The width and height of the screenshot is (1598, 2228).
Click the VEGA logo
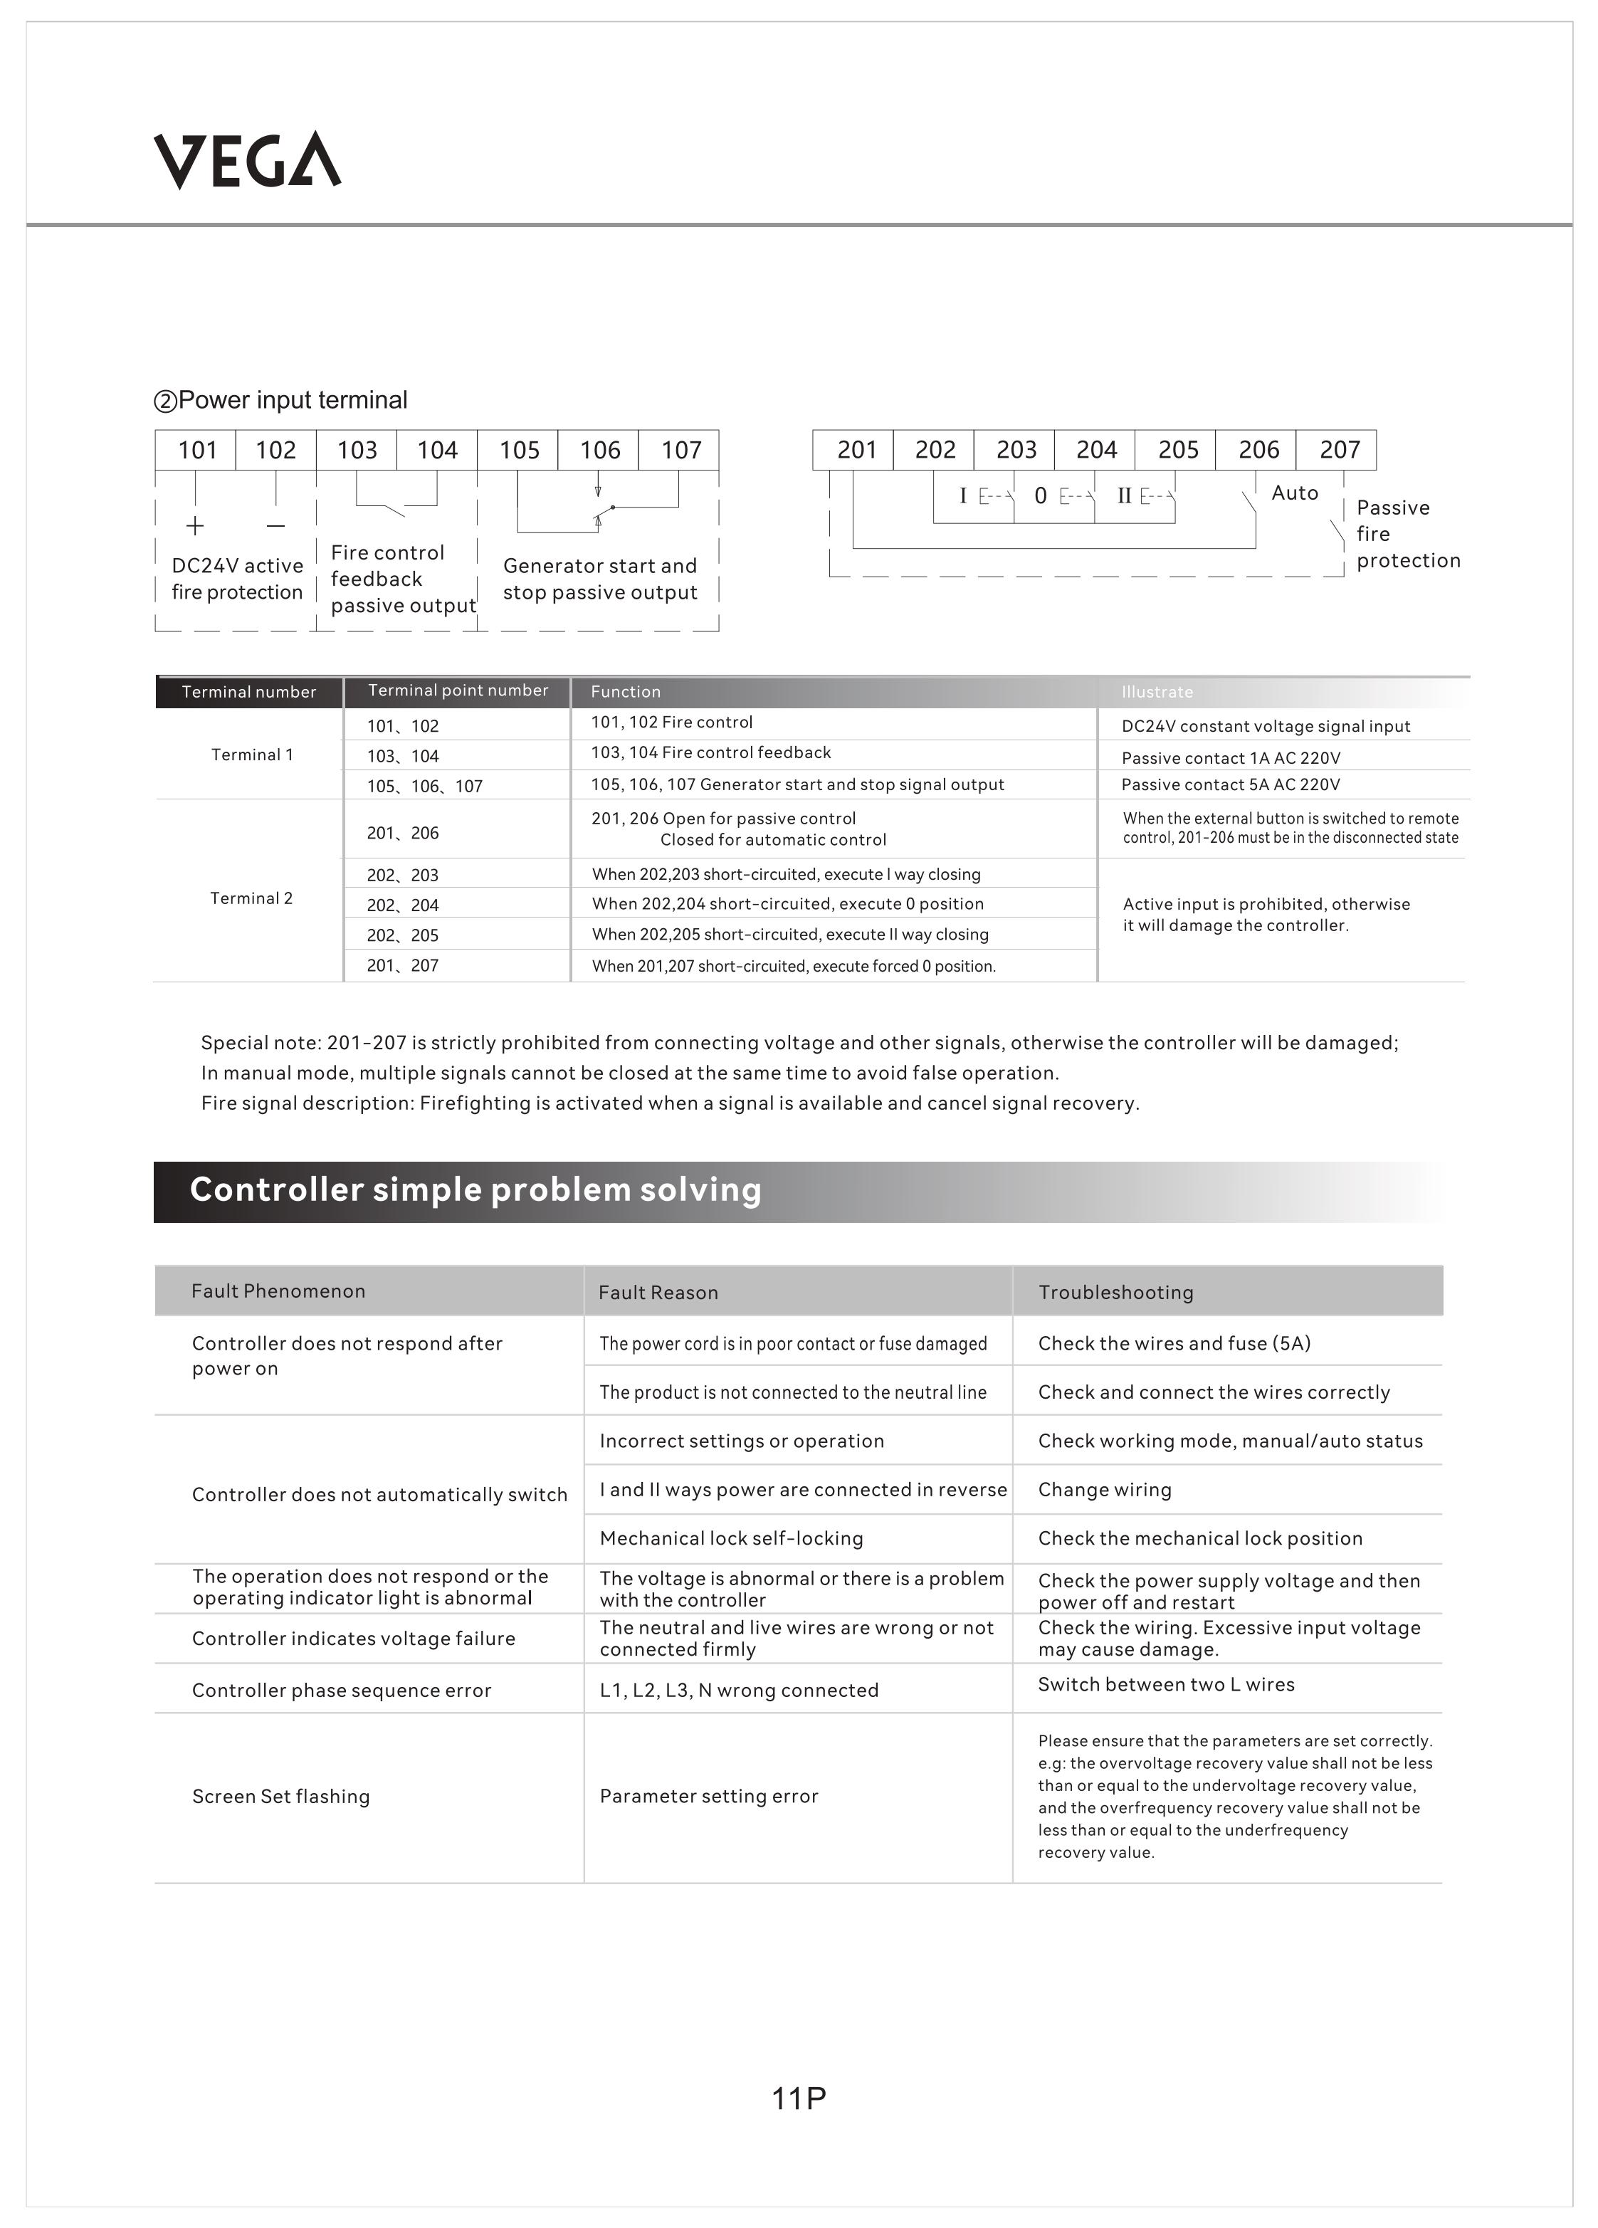click(248, 160)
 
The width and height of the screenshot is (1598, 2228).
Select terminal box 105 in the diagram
click(519, 450)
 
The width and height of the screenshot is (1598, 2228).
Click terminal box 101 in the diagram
click(196, 450)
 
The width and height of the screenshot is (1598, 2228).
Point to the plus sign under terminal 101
click(196, 525)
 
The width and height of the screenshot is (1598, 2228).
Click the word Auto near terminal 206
click(1295, 493)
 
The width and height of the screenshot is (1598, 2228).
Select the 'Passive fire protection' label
click(1407, 533)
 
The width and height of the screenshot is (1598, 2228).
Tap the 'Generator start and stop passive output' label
click(600, 579)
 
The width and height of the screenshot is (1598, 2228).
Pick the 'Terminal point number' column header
click(458, 690)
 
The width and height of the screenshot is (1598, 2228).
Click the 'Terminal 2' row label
click(251, 898)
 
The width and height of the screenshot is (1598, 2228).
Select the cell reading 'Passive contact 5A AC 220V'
click(1231, 784)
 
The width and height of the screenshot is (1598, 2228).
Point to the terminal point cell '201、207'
click(403, 966)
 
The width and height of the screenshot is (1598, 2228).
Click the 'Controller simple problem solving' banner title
click(475, 1189)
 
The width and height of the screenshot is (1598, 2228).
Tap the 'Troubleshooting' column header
click(1115, 1292)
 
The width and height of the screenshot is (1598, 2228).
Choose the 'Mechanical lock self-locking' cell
click(732, 1538)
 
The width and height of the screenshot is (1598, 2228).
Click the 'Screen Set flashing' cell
click(281, 1797)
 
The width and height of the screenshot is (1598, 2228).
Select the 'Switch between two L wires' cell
click(1166, 1685)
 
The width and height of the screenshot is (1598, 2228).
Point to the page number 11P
click(799, 2098)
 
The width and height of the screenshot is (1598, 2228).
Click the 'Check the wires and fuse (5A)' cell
click(1174, 1343)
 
